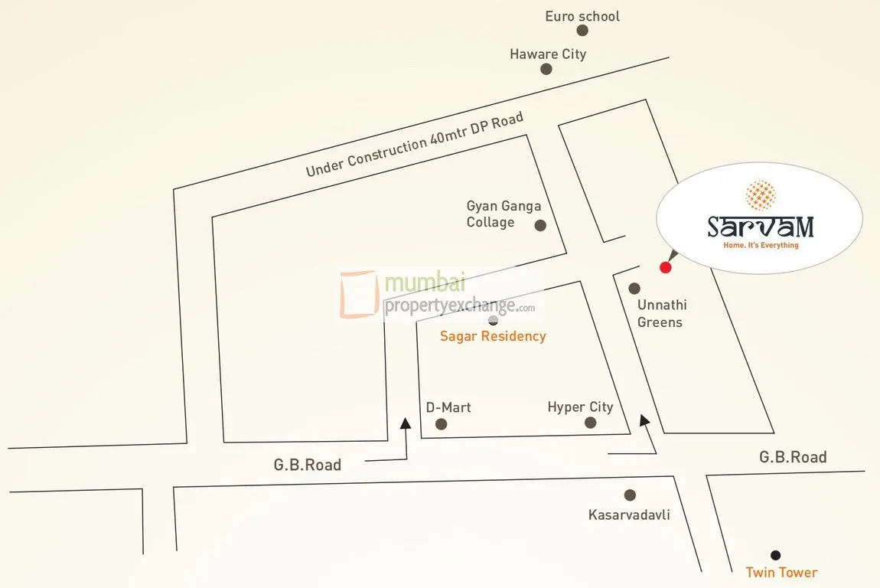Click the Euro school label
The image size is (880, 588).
coord(582,16)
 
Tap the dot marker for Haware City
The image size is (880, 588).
coord(546,69)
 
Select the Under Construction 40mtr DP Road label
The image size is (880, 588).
coord(414,144)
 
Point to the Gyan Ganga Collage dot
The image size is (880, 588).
coord(540,225)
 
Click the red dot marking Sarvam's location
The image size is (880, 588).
coord(665,267)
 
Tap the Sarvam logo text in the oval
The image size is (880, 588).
coord(760,227)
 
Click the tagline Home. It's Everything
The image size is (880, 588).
coord(761,246)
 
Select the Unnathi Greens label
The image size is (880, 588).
coord(660,313)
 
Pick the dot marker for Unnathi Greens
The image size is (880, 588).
coord(634,289)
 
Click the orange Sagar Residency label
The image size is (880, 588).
coord(493,336)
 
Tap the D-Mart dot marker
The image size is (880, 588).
coord(441,424)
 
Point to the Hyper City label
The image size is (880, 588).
coord(580,407)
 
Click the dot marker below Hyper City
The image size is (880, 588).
coord(590,423)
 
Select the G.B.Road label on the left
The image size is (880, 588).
coord(307,465)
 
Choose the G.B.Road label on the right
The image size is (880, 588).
coord(793,457)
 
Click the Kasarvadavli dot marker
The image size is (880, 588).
coord(630,495)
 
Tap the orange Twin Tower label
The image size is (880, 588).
coord(781,573)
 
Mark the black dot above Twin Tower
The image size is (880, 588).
coord(776,555)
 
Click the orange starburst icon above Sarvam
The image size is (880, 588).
coord(760,195)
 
